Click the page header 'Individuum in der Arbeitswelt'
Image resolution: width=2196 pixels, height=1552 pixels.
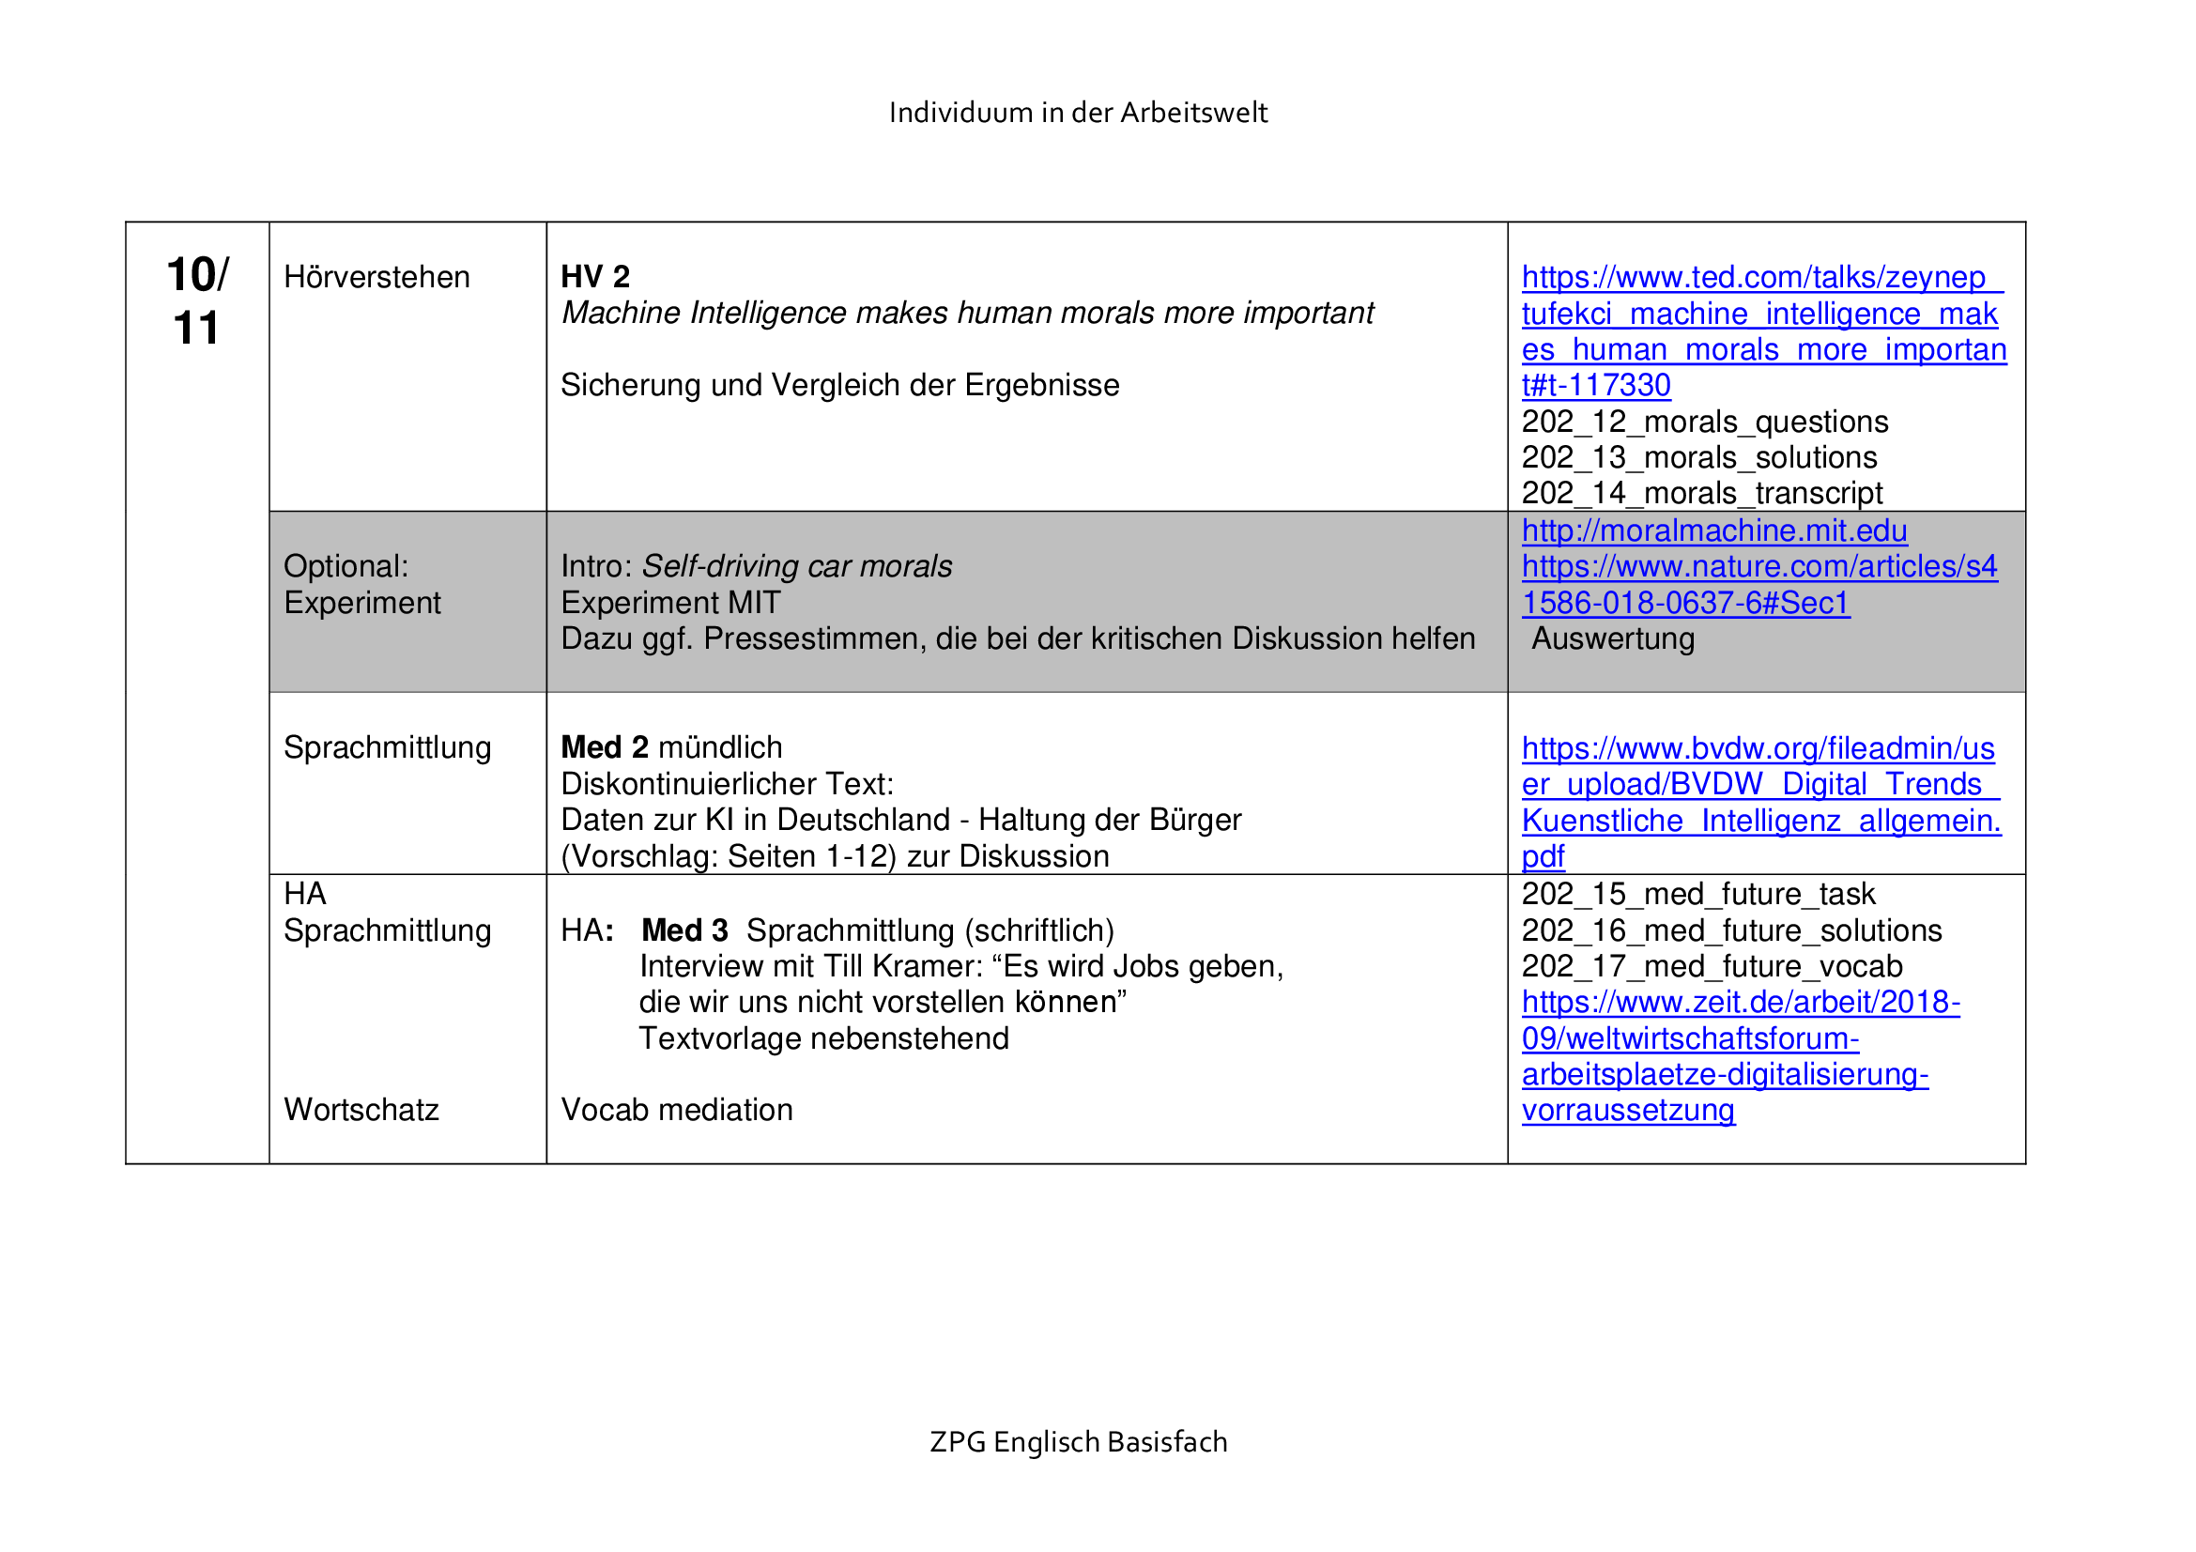tap(1078, 113)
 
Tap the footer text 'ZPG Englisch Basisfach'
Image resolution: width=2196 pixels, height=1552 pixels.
tap(1078, 1441)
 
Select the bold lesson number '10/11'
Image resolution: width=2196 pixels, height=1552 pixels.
tap(197, 300)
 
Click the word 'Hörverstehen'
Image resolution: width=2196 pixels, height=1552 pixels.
tap(376, 277)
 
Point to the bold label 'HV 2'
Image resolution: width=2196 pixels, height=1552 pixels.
tap(595, 277)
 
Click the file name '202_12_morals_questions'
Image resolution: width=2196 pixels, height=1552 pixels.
tap(1704, 422)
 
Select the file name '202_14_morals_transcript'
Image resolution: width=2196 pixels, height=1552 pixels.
tap(1701, 494)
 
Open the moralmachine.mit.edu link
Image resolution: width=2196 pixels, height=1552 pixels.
tap(1714, 530)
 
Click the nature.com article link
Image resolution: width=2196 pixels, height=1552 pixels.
tap(1758, 585)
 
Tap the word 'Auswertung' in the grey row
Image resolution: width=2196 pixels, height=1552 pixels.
tap(1613, 638)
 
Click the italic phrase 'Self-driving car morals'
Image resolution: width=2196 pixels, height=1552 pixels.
tap(797, 567)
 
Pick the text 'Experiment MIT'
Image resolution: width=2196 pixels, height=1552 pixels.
tap(670, 604)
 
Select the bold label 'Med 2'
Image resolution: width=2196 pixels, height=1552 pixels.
tap(605, 747)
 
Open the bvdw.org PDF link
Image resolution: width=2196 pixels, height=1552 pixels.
tap(1759, 803)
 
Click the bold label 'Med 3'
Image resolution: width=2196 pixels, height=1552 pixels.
tap(684, 930)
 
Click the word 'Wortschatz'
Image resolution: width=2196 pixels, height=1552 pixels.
tap(361, 1110)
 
